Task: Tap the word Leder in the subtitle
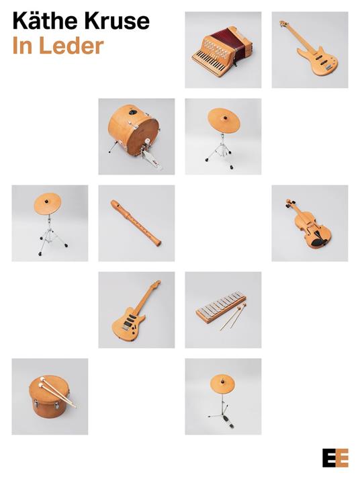pyautogui.click(x=71, y=46)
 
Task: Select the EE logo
pyautogui.click(x=335, y=458)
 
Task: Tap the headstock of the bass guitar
pyautogui.click(x=283, y=24)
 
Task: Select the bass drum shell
pyautogui.click(x=133, y=129)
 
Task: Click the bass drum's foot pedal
pyautogui.click(x=150, y=157)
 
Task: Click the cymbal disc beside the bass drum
pyautogui.click(x=224, y=120)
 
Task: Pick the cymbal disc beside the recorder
pyautogui.click(x=47, y=203)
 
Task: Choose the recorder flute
pyautogui.click(x=136, y=222)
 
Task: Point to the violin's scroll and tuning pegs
pyautogui.click(x=290, y=203)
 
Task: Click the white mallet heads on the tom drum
pyautogui.click(x=42, y=382)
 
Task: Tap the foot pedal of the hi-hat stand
pyautogui.click(x=230, y=423)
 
